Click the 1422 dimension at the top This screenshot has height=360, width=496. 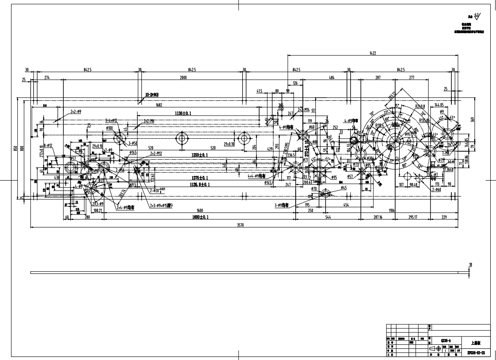[x=372, y=54]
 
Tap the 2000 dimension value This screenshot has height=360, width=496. [x=183, y=78]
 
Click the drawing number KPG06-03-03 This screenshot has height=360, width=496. [x=476, y=352]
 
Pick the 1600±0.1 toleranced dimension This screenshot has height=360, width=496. [x=200, y=217]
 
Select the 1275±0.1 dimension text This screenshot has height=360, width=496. [x=200, y=178]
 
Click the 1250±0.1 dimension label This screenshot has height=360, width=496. [x=201, y=155]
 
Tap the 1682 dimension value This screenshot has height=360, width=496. [x=159, y=105]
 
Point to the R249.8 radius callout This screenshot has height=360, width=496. [x=420, y=107]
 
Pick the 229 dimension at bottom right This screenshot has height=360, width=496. [x=444, y=217]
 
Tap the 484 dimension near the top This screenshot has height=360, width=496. [x=332, y=78]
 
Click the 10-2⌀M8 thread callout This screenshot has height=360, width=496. [x=152, y=95]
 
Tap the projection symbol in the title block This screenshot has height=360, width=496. [x=437, y=347]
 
